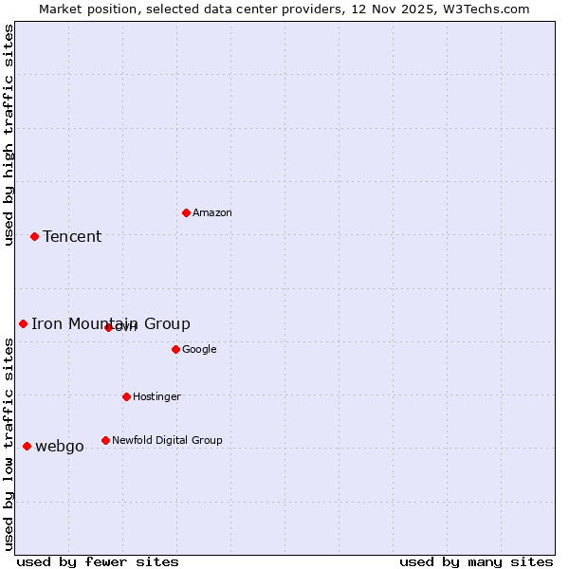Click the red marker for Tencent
coord(34,236)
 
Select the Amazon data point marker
coord(186,212)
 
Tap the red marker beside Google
coord(175,349)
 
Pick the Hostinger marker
coord(126,396)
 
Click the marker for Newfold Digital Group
coord(105,440)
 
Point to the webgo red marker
coord(27,446)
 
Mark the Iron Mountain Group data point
coord(23,323)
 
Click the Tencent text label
coord(72,237)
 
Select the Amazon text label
coord(212,213)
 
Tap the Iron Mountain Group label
coord(110,323)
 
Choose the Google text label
coord(199,350)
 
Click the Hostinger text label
coord(156,396)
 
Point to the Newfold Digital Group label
coord(167,440)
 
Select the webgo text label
coord(60,447)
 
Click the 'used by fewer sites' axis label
coord(98,561)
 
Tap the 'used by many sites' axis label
coord(476,561)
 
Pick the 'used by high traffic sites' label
coord(9,135)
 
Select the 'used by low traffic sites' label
coord(9,444)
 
